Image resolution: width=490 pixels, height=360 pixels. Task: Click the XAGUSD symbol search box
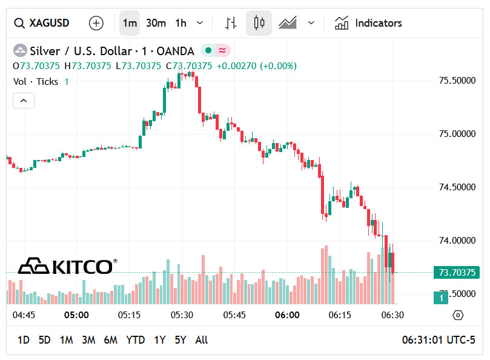(x=42, y=23)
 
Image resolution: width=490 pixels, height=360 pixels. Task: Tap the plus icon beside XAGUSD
(x=96, y=23)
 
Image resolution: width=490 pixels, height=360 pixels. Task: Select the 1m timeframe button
(x=130, y=23)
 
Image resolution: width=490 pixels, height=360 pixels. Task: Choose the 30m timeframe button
(x=156, y=23)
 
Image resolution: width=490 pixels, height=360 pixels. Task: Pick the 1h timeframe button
(x=180, y=23)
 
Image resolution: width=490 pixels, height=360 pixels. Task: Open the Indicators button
(x=368, y=23)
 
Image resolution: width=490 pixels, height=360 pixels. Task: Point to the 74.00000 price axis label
(x=456, y=241)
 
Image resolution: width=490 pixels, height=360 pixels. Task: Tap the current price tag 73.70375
(x=456, y=273)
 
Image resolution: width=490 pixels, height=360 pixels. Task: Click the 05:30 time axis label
(x=182, y=315)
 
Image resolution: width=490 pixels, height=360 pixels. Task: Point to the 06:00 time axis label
(x=287, y=315)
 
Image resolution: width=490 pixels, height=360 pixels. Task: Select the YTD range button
(x=135, y=340)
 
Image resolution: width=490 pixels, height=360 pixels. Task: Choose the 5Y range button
(x=180, y=340)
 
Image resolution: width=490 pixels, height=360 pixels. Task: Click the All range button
(x=202, y=340)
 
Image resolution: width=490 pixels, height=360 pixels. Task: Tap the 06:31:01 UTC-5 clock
(x=439, y=340)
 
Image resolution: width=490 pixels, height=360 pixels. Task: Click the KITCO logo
(x=67, y=266)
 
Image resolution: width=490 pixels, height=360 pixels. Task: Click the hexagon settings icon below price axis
(x=458, y=315)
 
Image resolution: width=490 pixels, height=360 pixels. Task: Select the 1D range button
(x=23, y=340)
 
